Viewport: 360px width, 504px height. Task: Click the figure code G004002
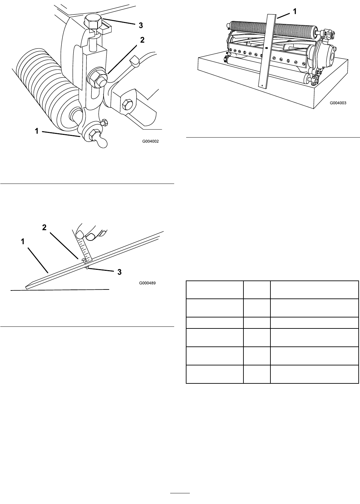150,141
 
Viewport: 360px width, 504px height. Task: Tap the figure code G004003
338,103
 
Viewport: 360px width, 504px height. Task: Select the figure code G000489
147,283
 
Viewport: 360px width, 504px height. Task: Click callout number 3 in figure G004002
141,25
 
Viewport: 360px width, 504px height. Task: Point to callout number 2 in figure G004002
142,40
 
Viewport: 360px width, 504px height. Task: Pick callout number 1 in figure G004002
37,131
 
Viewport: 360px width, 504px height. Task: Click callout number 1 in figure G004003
294,11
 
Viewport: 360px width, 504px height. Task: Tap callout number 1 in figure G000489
23,242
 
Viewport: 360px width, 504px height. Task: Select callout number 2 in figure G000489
44,228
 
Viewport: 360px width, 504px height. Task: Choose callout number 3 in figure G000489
120,272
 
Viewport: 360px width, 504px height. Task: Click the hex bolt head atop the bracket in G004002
93,22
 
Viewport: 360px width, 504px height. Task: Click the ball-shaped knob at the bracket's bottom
101,143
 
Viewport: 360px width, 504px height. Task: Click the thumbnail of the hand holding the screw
79,235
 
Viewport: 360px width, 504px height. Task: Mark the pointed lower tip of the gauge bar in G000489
26,288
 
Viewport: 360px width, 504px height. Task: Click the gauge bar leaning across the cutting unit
268,51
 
